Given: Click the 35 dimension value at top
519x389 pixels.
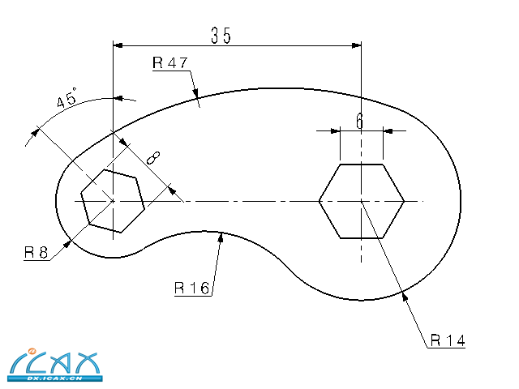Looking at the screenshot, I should (x=221, y=35).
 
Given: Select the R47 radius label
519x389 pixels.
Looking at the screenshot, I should (x=169, y=63).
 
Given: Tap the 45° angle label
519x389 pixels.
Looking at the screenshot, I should (x=66, y=100).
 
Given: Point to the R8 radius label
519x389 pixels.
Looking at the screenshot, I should (x=34, y=252).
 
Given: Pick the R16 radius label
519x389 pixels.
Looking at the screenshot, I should (x=191, y=288).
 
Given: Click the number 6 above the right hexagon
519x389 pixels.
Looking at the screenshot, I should (x=359, y=121).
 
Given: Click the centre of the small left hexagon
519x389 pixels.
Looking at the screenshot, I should (x=113, y=200).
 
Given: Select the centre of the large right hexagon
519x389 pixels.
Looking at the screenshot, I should (x=361, y=200).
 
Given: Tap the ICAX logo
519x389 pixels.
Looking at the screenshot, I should (x=53, y=362).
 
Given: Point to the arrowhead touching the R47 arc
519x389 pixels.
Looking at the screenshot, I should (x=197, y=100).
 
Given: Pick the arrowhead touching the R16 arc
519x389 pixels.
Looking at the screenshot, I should (x=221, y=237).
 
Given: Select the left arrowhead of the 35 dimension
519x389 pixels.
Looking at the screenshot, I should (x=117, y=45).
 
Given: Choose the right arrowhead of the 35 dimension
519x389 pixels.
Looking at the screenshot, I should (x=357, y=45).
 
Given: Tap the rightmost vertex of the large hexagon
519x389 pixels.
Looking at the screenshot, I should (x=403, y=200).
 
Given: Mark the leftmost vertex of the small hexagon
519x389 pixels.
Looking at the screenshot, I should (x=82, y=200).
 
